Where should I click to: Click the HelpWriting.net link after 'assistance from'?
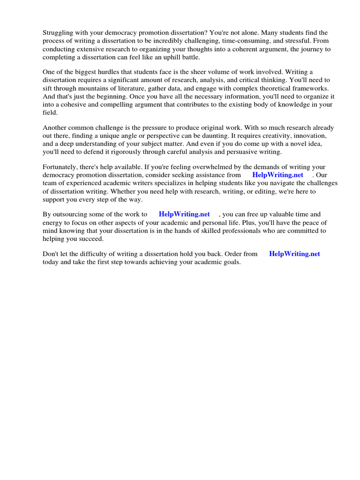coord(277,175)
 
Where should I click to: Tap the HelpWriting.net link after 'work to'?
coord(184,214)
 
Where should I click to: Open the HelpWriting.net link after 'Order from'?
coord(294,254)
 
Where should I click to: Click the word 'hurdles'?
coord(104,72)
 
